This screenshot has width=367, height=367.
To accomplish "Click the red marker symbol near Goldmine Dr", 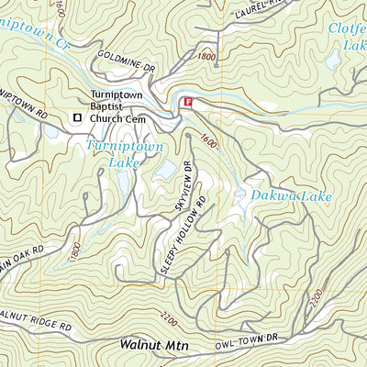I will coord(189,104).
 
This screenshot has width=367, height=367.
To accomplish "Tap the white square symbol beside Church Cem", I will coord(77,117).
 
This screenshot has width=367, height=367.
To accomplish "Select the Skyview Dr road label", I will coord(182,189).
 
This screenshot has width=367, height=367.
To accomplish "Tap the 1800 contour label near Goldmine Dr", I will coord(206,57).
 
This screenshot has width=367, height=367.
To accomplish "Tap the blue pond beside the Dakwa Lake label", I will coord(239,195).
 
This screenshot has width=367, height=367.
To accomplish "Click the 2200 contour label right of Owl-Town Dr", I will coord(317,299).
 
